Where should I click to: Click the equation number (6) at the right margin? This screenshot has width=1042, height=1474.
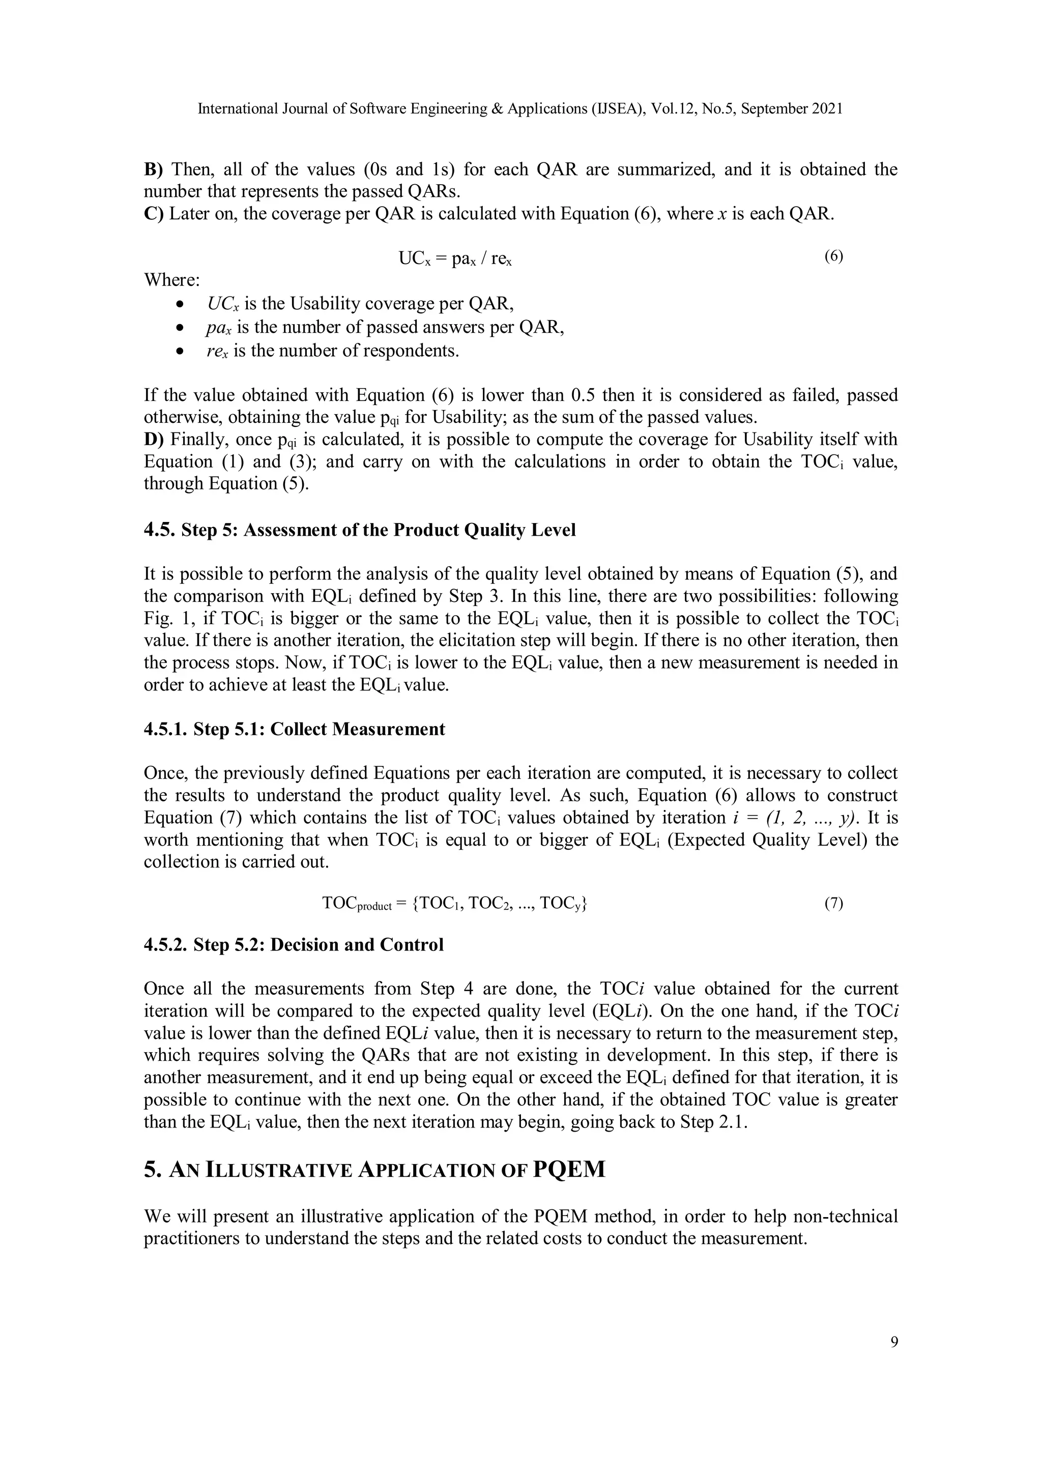click(833, 257)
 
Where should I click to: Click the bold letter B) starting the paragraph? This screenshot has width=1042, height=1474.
click(154, 169)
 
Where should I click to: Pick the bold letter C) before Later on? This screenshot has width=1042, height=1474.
click(154, 214)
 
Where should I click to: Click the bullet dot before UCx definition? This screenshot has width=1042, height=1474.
click(182, 304)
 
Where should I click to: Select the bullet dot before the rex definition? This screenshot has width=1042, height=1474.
click(182, 352)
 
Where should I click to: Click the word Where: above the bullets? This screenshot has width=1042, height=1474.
click(171, 280)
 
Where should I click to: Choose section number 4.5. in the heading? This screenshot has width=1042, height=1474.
click(159, 530)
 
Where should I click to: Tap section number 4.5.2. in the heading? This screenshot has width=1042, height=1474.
click(166, 945)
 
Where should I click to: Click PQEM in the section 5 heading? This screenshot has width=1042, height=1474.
click(569, 1170)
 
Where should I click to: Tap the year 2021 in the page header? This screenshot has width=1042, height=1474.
click(827, 109)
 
